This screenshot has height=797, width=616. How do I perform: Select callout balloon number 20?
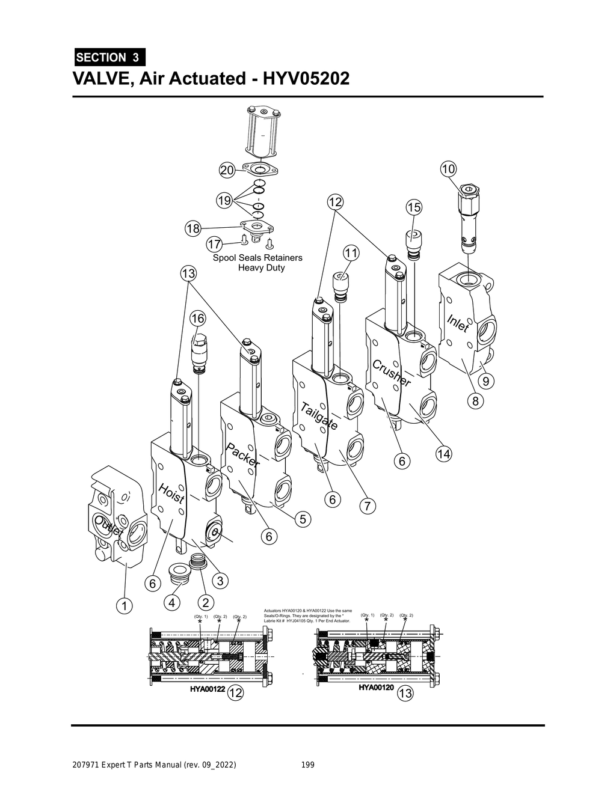(x=227, y=171)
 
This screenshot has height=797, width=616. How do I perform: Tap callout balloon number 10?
(x=448, y=169)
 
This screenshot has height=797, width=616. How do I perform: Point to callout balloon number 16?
(x=197, y=318)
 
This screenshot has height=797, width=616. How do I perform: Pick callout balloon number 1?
(x=124, y=605)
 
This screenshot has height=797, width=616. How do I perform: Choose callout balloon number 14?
(x=443, y=454)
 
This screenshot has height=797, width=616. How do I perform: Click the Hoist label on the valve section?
(x=171, y=493)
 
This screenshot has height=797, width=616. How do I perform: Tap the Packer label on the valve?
(x=243, y=456)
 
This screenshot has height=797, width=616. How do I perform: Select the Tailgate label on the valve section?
(x=319, y=415)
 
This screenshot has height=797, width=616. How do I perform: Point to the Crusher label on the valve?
(x=392, y=373)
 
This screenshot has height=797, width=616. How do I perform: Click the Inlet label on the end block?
(x=458, y=323)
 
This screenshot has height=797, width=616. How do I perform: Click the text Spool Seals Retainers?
(x=257, y=258)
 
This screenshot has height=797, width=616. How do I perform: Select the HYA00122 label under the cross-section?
(x=208, y=690)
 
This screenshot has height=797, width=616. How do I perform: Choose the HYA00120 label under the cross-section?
(x=377, y=687)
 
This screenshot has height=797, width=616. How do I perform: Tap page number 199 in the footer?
(x=307, y=765)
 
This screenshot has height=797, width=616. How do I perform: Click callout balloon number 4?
(x=172, y=602)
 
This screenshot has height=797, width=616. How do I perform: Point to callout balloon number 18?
(x=192, y=229)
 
